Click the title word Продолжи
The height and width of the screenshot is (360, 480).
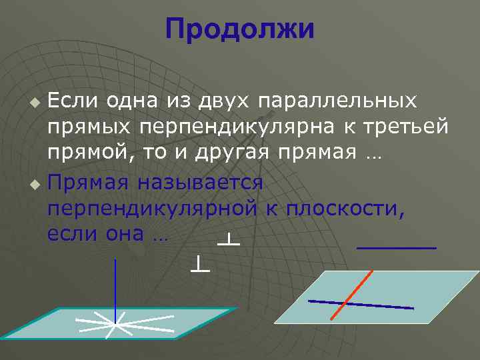(x=239, y=29)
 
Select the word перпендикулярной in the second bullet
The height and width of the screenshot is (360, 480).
(x=152, y=208)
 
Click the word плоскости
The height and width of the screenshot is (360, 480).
(x=345, y=208)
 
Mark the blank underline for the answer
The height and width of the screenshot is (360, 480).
(x=397, y=247)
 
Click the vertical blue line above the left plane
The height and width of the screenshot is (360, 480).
(x=116, y=287)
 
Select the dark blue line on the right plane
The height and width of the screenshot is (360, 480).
(x=361, y=304)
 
